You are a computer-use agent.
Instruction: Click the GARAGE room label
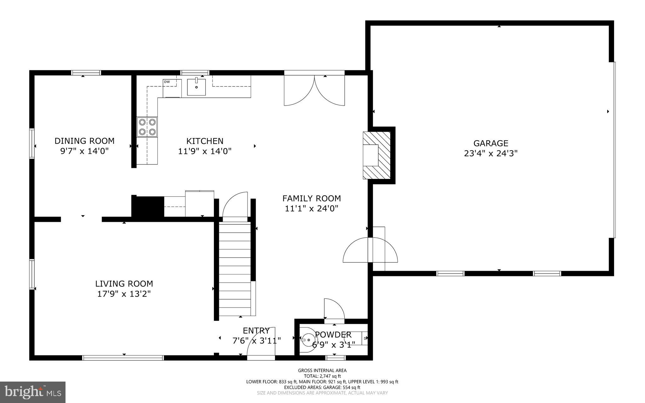click(x=491, y=143)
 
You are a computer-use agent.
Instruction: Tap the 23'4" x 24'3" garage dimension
click(x=491, y=153)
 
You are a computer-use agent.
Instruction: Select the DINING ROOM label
click(x=84, y=141)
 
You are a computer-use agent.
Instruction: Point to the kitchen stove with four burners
click(x=147, y=127)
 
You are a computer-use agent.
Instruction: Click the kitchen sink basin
click(x=197, y=87)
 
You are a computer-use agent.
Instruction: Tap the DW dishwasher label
click(x=167, y=82)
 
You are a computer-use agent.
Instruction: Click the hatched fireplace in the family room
click(x=377, y=155)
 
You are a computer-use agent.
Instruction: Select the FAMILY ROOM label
click(x=311, y=199)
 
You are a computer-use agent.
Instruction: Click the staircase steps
click(x=235, y=268)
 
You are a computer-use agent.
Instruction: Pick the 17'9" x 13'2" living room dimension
click(x=124, y=294)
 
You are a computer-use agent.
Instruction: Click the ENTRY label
click(x=256, y=331)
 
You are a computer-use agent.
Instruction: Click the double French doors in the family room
click(x=314, y=90)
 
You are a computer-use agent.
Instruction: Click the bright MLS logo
click(x=33, y=392)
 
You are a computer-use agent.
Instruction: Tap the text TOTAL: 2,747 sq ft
click(x=322, y=376)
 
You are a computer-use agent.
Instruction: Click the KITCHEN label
click(x=205, y=141)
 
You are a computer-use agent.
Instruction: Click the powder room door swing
click(x=334, y=310)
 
